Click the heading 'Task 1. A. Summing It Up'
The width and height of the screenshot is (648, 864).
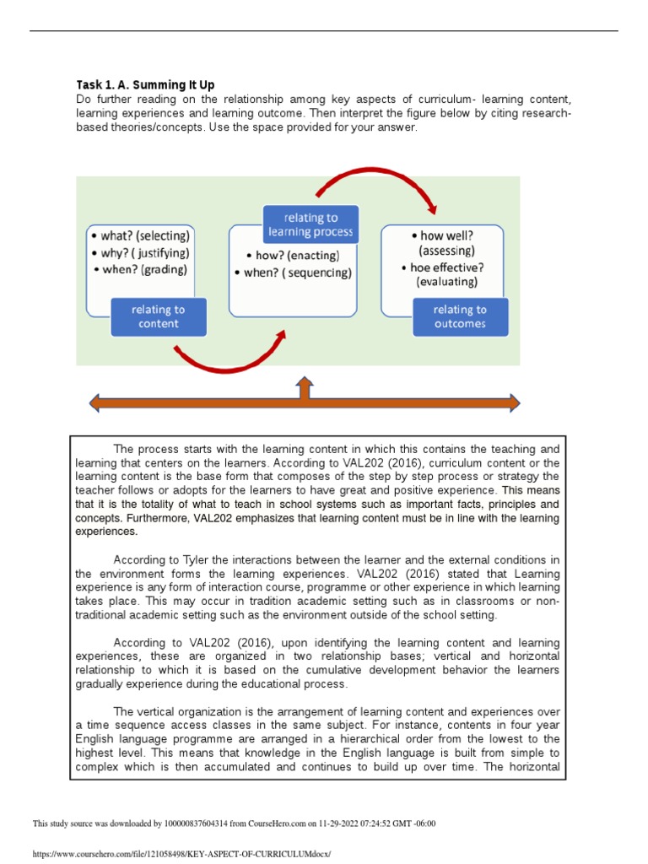145,84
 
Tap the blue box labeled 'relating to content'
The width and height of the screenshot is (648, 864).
158,316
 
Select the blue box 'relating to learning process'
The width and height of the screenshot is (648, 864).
310,224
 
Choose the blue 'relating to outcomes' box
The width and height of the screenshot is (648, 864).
460,316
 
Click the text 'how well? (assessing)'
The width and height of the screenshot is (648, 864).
447,243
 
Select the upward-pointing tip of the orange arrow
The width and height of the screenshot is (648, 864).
305,384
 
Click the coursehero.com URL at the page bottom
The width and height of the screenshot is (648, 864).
181,854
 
